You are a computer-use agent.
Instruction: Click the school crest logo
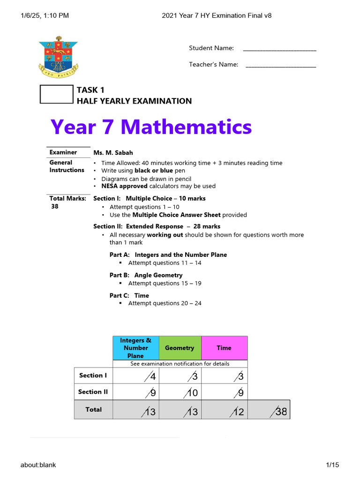59,57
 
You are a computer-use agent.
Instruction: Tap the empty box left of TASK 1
57,94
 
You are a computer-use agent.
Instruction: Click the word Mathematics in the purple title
187,127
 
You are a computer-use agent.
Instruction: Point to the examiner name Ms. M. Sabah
113,152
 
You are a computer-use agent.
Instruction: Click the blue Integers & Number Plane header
136,348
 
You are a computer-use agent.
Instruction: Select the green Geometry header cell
180,348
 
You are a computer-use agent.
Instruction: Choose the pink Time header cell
224,348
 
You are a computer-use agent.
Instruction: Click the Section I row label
93,375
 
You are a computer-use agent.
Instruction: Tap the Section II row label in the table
93,392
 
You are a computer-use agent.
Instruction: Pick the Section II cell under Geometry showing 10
180,392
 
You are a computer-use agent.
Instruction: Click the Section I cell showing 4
136,376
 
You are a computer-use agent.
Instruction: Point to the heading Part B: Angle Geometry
146,275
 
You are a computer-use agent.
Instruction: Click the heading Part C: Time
129,296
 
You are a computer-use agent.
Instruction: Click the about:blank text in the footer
38,465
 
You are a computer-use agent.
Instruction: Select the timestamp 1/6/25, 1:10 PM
45,15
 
